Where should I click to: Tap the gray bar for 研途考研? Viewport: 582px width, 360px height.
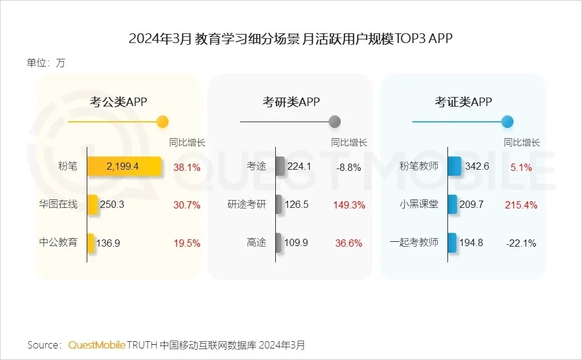coord(279,205)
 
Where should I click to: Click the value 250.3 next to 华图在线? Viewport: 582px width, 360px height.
coord(112,205)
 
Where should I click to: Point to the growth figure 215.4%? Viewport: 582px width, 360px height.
coord(521,205)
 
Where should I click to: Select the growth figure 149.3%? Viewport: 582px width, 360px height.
coord(349,205)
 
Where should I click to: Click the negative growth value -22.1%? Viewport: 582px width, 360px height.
coord(521,243)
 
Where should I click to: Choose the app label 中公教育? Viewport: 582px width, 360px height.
coord(58,242)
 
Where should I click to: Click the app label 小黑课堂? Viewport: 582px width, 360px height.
coord(419,204)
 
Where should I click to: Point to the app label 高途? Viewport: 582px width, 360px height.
coord(256,242)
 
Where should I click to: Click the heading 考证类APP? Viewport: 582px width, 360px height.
coord(463,102)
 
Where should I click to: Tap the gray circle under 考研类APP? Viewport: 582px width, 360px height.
coord(335,122)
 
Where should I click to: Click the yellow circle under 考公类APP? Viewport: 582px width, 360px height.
coord(162,122)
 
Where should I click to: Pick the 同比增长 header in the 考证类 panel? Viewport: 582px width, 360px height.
coord(522,143)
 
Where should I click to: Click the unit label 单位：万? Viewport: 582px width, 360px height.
coord(45,63)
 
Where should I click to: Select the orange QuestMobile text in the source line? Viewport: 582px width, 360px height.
coord(96,345)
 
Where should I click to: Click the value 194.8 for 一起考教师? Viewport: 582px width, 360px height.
coord(471,243)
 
